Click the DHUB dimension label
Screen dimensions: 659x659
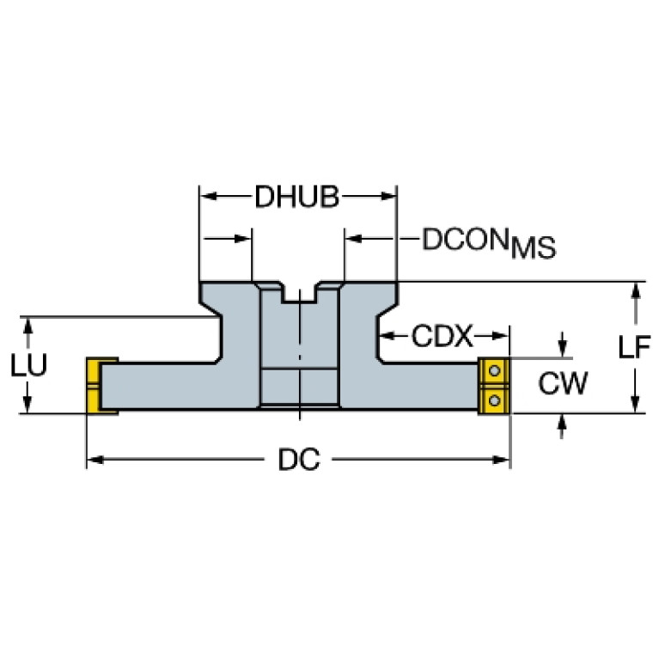point(298,198)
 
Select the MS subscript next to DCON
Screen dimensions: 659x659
point(533,250)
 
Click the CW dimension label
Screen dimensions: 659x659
point(563,384)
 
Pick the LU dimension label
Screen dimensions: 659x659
point(28,365)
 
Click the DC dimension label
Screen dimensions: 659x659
point(298,461)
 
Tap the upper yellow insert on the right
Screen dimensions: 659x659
point(493,372)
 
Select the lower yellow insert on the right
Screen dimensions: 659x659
point(493,400)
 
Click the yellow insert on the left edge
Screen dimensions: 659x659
point(95,387)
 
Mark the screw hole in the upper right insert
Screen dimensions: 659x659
point(494,371)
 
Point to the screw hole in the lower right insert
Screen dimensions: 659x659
point(494,400)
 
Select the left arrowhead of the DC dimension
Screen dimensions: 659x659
point(95,461)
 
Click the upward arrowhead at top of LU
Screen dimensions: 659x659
point(28,325)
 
